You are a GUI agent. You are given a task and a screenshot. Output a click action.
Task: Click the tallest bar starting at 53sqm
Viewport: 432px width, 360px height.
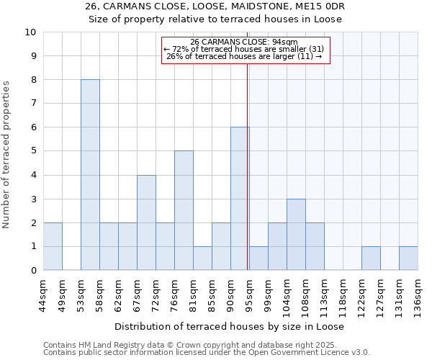click(x=90, y=175)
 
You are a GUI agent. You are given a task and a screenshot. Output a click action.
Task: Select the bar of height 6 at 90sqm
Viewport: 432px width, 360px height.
click(x=240, y=199)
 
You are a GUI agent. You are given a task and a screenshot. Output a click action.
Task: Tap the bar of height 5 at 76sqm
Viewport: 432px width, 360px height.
click(x=184, y=210)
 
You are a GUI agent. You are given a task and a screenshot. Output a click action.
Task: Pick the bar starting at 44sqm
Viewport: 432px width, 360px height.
click(x=53, y=246)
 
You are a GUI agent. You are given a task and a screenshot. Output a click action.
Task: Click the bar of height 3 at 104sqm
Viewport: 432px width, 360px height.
click(x=296, y=234)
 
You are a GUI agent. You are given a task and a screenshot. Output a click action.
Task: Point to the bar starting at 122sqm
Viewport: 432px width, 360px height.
click(x=371, y=258)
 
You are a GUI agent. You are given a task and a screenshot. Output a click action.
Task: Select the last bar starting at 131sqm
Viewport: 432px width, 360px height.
click(x=408, y=258)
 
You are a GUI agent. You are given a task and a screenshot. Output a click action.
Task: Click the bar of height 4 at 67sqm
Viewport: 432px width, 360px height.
click(x=146, y=222)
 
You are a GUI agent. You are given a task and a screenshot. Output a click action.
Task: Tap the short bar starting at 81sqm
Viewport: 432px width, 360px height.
click(x=202, y=258)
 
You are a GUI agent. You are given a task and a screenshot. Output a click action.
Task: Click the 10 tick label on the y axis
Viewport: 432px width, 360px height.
click(x=30, y=32)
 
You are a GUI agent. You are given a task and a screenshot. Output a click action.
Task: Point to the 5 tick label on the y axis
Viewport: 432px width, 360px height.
click(x=33, y=151)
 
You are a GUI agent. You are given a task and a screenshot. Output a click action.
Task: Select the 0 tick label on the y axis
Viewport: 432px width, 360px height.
click(x=33, y=271)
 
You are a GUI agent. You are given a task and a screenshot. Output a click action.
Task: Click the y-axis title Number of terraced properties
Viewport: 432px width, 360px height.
click(x=7, y=154)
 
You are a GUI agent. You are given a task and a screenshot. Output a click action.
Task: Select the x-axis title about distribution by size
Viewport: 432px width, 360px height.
click(x=229, y=326)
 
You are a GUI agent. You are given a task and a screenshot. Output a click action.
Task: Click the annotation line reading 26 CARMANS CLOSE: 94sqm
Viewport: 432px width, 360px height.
click(x=244, y=42)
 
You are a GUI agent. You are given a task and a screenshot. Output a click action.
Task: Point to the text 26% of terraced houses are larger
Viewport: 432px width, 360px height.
click(x=244, y=57)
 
